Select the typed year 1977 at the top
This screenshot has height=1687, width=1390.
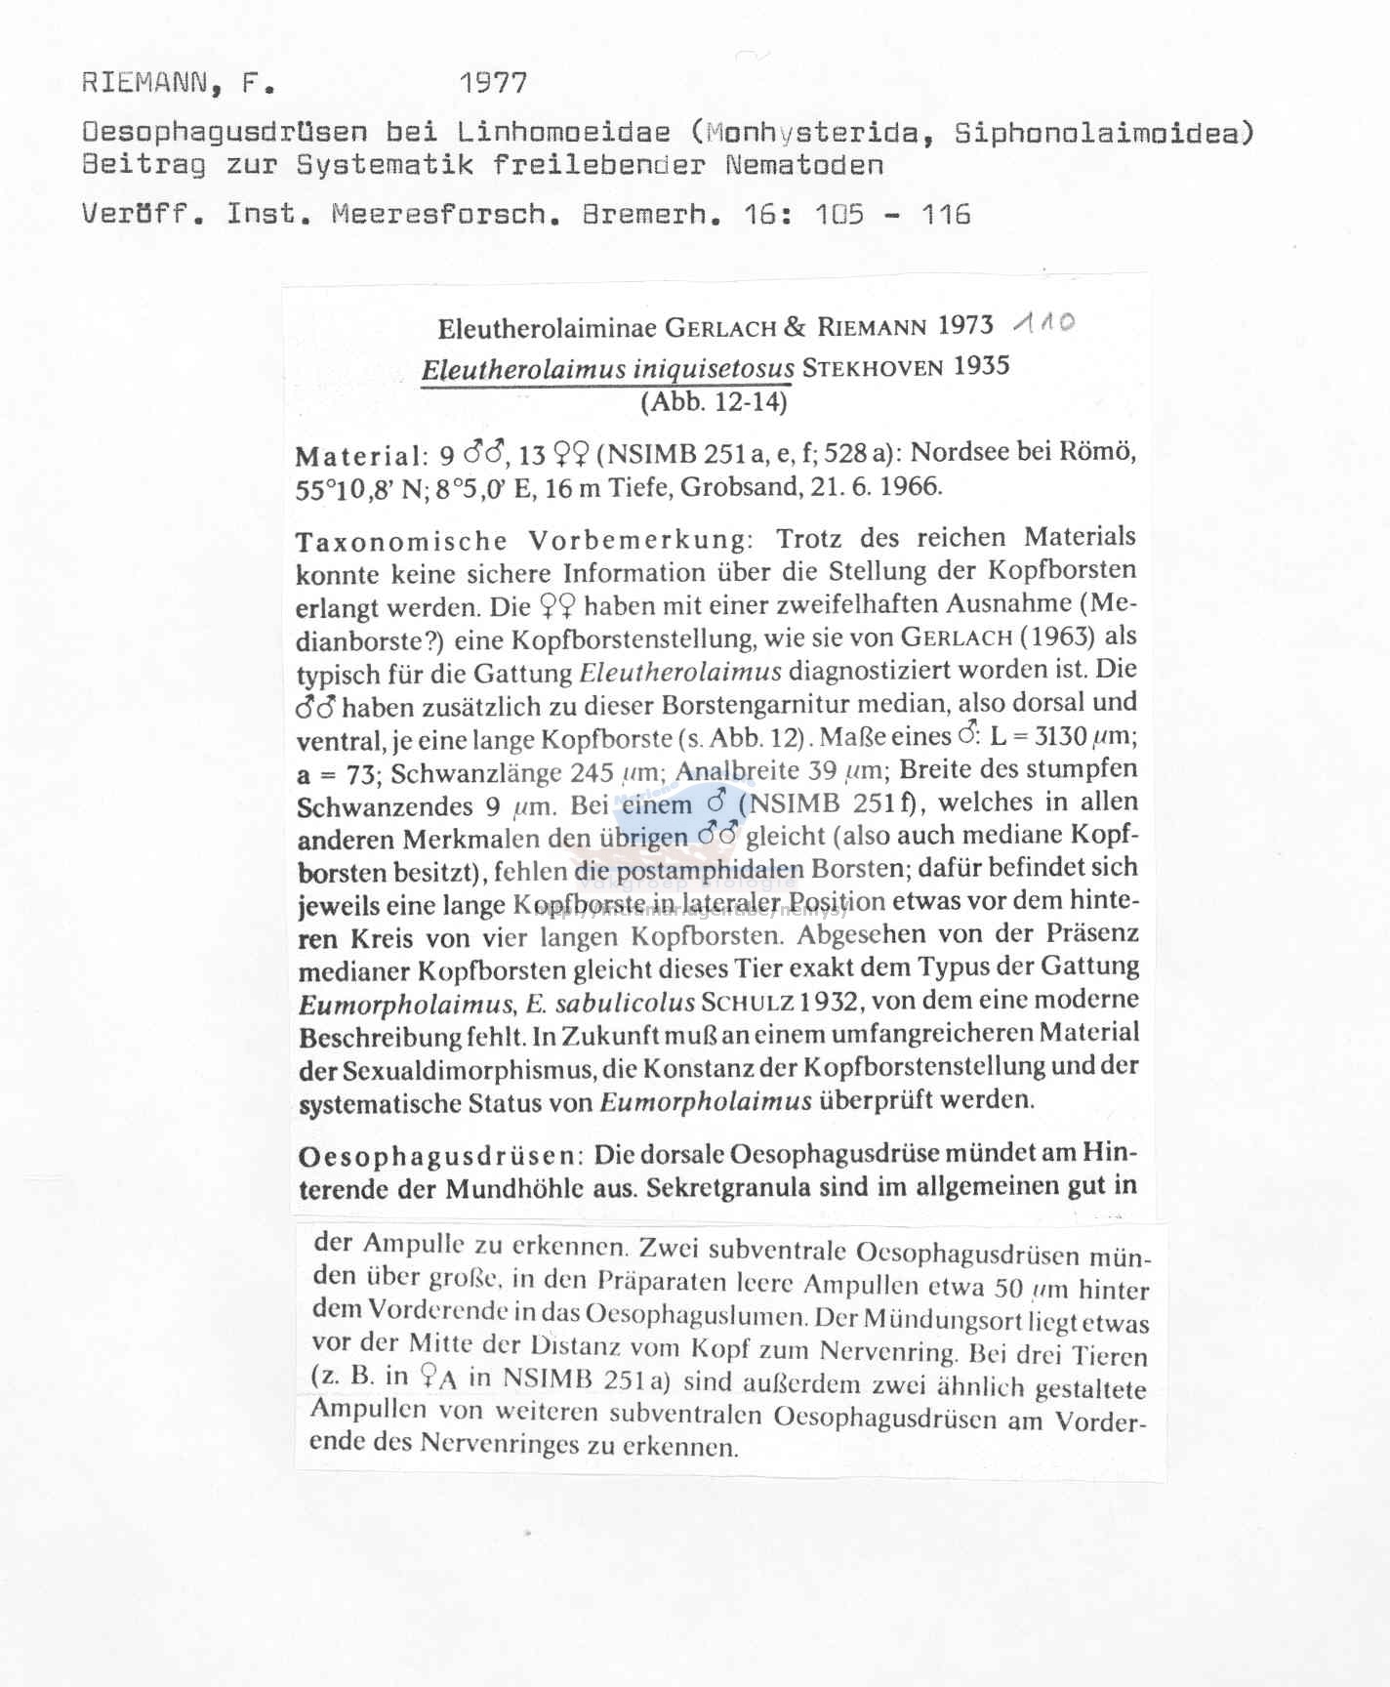pos(494,83)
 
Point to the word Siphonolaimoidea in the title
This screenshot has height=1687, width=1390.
pos(1104,132)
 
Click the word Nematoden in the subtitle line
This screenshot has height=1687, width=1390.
pos(804,164)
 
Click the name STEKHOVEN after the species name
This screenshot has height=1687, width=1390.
pos(874,368)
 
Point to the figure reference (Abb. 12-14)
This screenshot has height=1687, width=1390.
pos(714,401)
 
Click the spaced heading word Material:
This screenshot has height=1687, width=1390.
pos(361,456)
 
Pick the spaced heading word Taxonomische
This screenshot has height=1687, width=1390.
pos(401,541)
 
